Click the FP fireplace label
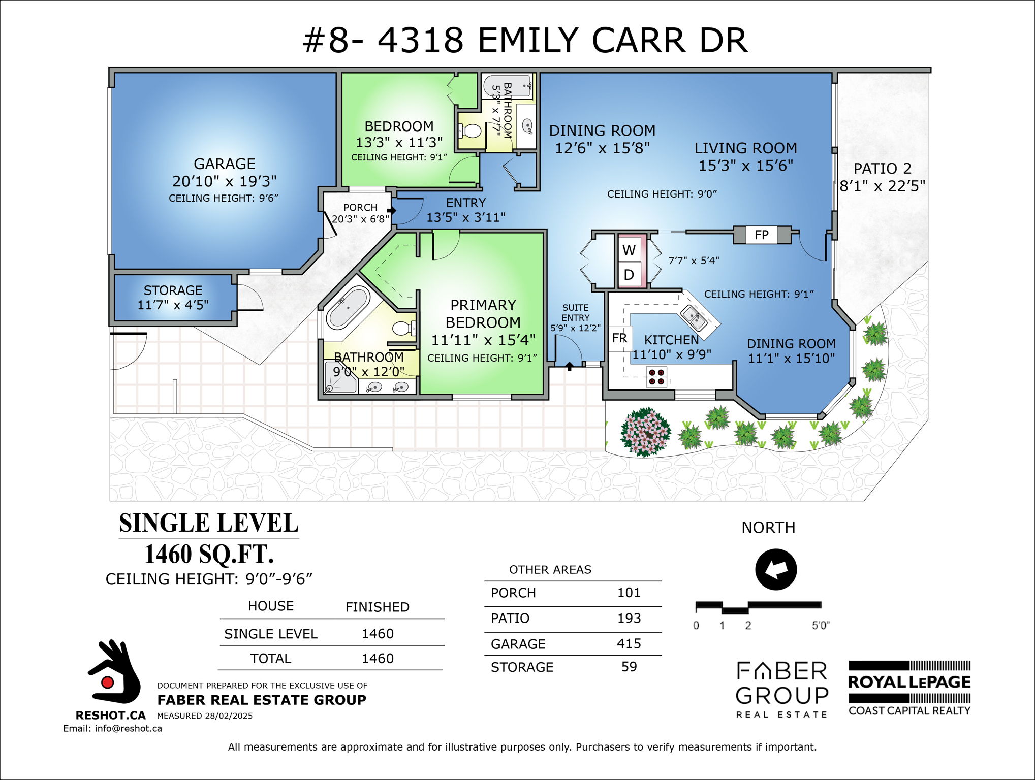(761, 235)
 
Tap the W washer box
(629, 250)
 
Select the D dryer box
(629, 275)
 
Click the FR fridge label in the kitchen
(619, 338)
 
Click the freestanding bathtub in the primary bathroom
(348, 308)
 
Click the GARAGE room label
(224, 164)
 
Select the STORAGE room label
(173, 290)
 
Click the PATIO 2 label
(882, 169)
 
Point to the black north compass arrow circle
(775, 569)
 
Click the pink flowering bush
(645, 432)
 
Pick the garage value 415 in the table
(629, 643)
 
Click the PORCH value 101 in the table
(629, 593)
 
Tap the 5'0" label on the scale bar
(820, 626)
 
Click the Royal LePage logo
(909, 688)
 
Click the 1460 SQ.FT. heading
(209, 554)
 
